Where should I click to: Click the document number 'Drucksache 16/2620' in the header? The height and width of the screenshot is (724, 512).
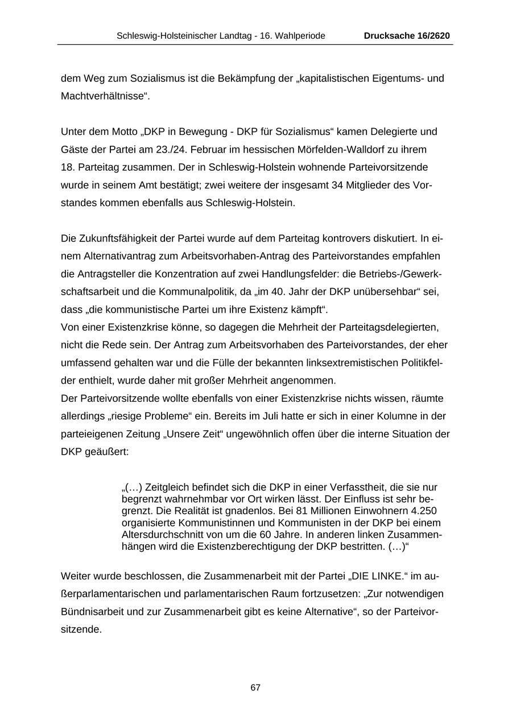tap(407, 36)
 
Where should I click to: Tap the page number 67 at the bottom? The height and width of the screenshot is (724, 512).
tap(255, 688)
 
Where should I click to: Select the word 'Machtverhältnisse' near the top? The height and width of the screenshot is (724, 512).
tap(104, 96)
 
